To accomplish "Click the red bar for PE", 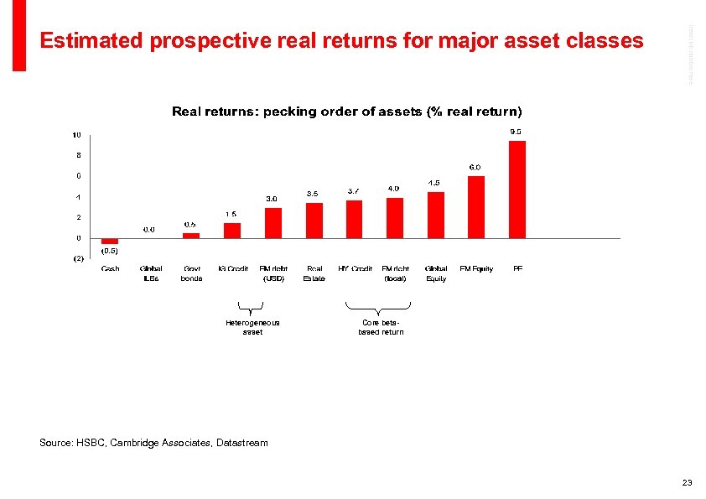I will coord(517,190).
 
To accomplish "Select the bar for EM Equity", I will coord(476,207).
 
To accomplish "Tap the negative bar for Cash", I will coord(110,241).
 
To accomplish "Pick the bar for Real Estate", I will coord(314,221).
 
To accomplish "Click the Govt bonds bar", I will coord(191,236).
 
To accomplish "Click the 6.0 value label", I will coord(475,167).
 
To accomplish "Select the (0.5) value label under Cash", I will coord(110,251).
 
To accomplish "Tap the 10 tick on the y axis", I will coord(76,135).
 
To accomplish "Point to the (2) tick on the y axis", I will coord(77,259).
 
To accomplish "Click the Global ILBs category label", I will coord(151,273).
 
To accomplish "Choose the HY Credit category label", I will coord(356,268).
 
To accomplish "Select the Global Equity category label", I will coord(436,273).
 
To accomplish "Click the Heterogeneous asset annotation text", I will coord(252,327).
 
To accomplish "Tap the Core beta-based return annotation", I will coord(382,327).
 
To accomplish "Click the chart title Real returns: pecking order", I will coord(346,112).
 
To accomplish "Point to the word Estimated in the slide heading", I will coord(93,40).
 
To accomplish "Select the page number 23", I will coord(687,482).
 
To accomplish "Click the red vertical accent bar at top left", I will coord(19,35).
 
